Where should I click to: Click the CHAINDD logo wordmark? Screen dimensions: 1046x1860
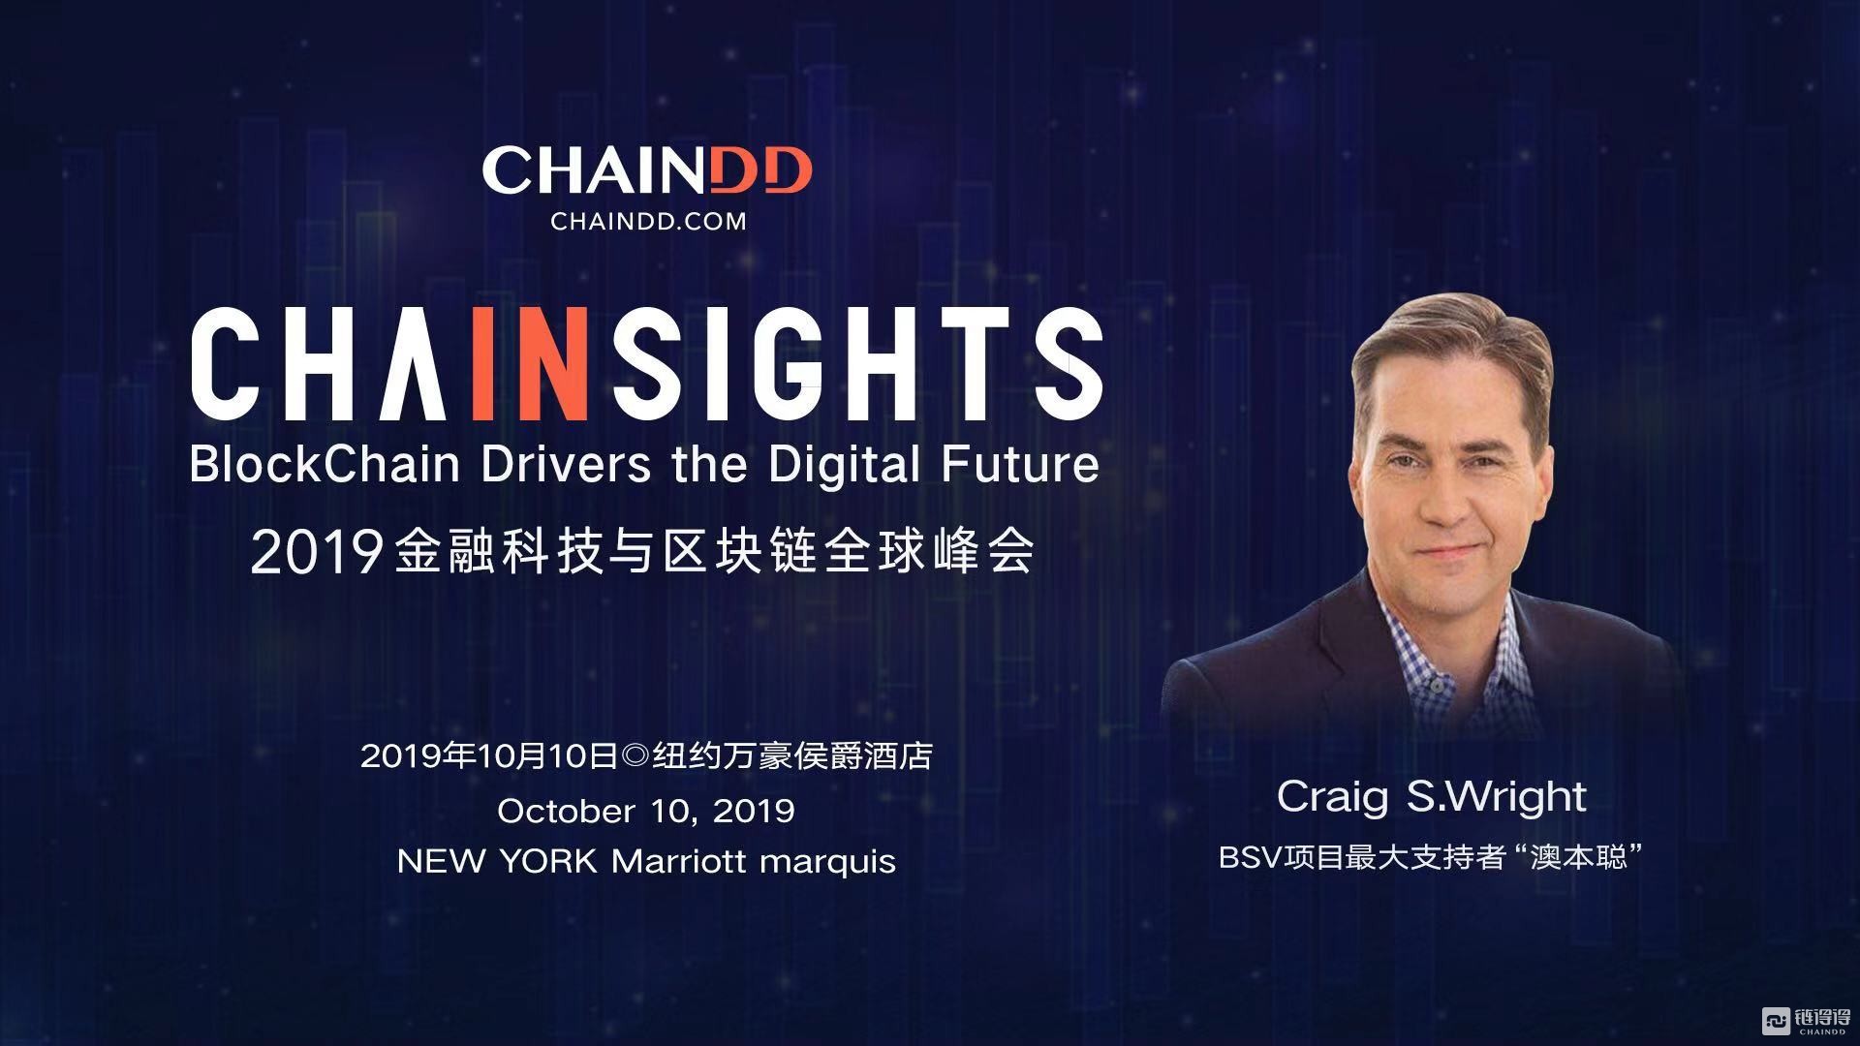click(x=647, y=170)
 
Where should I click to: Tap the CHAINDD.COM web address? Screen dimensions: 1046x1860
click(x=648, y=221)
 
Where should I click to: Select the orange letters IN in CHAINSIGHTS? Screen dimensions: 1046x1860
click(x=531, y=364)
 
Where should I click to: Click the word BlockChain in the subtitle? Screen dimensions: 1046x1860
click(x=325, y=465)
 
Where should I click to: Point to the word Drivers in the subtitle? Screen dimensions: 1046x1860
click(x=566, y=465)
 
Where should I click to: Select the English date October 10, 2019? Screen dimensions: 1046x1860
click(x=646, y=811)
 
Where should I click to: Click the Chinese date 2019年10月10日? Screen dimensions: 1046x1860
click(x=488, y=756)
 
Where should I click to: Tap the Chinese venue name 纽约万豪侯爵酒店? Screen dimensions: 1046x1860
click(x=792, y=756)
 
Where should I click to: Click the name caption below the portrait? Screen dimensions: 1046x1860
click(x=1431, y=797)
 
